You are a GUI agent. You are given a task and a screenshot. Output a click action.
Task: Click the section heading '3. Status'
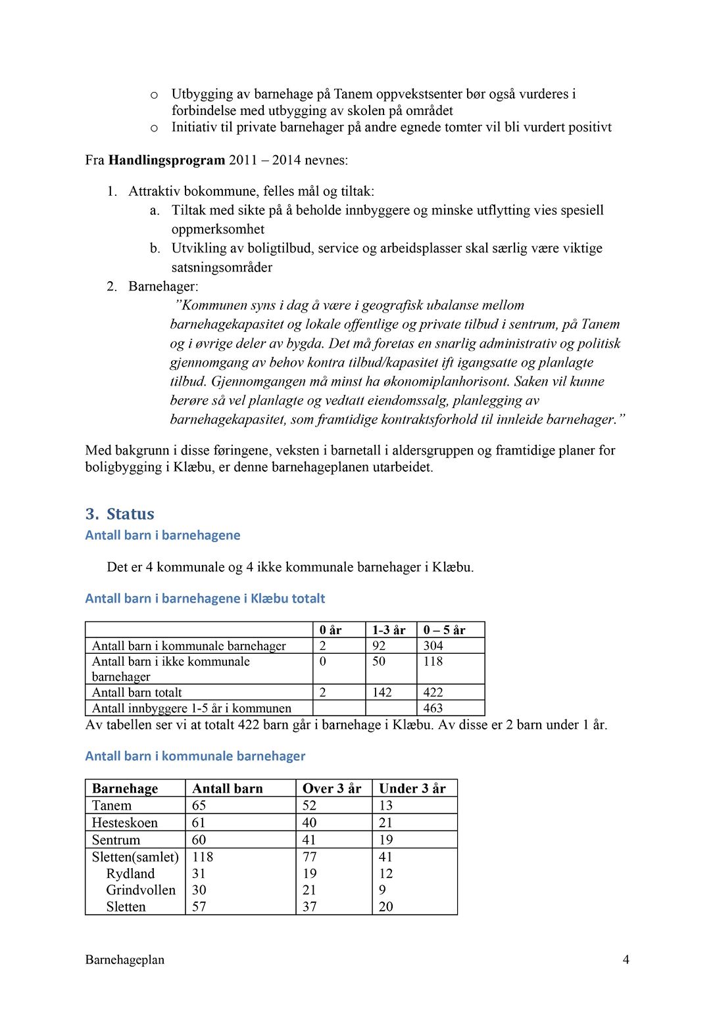(120, 514)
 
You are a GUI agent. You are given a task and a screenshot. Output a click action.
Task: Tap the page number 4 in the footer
(626, 959)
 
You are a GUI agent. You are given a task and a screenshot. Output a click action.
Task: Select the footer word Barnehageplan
(125, 959)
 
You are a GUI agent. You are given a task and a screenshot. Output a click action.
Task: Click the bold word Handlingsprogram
(166, 160)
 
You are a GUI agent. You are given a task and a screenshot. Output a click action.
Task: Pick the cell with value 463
(433, 708)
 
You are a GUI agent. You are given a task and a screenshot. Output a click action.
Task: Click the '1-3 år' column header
(389, 630)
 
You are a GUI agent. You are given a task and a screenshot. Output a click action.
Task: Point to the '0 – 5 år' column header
(444, 630)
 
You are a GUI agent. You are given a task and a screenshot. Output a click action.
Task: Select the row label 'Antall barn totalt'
(137, 692)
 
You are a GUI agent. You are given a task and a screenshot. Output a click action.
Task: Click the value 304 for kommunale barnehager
(433, 645)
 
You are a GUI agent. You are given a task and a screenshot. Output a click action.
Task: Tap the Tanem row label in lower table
(112, 805)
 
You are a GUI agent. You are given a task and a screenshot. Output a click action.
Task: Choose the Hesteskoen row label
(125, 822)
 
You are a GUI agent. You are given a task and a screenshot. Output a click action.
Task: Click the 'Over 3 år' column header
(332, 788)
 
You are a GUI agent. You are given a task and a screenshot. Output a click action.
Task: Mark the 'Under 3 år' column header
(412, 788)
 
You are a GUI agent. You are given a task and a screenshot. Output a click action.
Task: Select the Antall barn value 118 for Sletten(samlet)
(203, 856)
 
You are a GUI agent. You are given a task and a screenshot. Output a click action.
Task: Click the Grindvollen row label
(141, 890)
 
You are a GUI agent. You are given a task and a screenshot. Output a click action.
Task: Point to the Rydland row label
(130, 873)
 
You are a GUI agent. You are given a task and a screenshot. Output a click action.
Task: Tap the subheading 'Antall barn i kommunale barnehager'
(195, 756)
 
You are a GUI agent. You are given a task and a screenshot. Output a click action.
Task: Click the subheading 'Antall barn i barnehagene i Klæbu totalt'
(205, 598)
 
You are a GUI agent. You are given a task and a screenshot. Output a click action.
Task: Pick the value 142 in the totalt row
(382, 692)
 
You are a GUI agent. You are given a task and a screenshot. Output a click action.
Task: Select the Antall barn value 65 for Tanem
(199, 805)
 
